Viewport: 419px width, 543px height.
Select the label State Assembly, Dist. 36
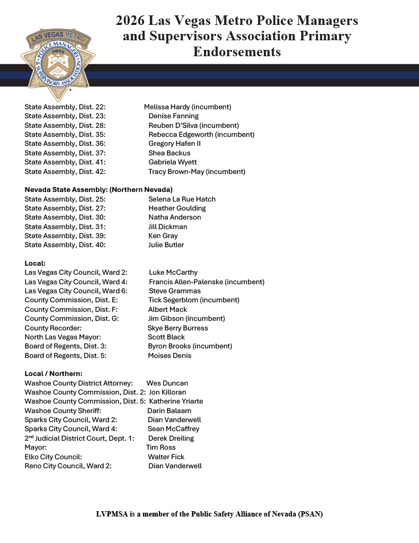click(x=65, y=144)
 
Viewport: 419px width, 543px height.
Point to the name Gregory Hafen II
click(x=174, y=144)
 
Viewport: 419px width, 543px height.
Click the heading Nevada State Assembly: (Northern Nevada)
click(x=99, y=189)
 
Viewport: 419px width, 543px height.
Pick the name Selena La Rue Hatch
click(x=182, y=199)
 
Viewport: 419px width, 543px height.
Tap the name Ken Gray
click(x=163, y=236)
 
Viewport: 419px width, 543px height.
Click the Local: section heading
click(x=35, y=263)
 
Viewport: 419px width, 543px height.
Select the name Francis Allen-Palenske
click(x=187, y=282)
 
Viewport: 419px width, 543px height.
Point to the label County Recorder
click(x=53, y=328)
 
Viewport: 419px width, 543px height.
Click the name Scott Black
click(x=166, y=337)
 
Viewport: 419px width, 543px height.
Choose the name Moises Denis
click(x=170, y=356)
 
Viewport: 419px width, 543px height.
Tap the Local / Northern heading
click(x=54, y=374)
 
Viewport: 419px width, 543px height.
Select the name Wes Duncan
click(x=167, y=383)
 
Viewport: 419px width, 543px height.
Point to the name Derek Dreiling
click(x=171, y=439)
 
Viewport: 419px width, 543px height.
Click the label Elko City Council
click(x=54, y=457)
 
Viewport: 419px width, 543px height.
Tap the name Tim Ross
click(x=161, y=448)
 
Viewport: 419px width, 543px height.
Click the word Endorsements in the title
click(x=237, y=52)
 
